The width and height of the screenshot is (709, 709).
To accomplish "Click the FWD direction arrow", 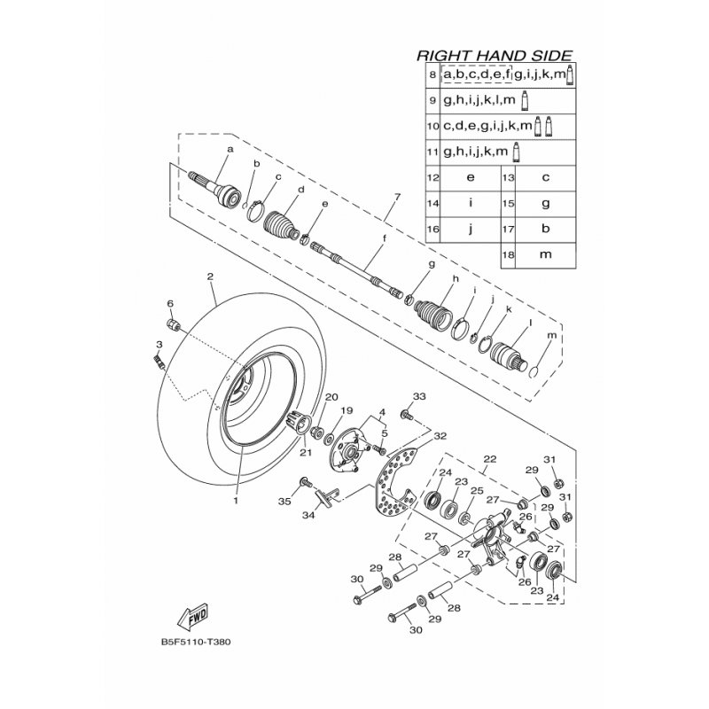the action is tap(193, 616).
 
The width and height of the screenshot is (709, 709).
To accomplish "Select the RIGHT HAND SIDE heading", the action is tap(495, 56).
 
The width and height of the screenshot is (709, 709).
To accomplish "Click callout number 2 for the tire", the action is tap(210, 277).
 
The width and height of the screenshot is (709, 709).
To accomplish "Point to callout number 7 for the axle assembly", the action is tap(397, 197).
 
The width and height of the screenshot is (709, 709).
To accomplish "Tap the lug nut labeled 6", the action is tap(173, 323).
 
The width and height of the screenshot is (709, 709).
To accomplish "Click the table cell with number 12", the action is tap(432, 178).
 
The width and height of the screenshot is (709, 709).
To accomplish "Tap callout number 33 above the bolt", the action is tap(419, 396).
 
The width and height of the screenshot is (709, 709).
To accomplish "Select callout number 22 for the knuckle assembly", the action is tap(490, 459).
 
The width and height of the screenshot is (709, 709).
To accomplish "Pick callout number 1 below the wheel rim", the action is tap(236, 501).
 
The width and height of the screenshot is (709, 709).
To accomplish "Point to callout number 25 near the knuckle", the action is tap(478, 491).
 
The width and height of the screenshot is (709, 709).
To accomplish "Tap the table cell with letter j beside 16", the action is tap(471, 230).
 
